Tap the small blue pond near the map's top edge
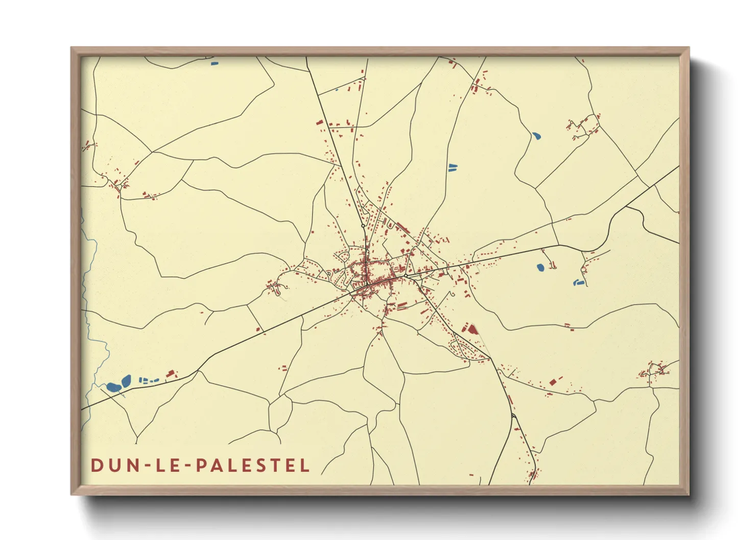tap(215, 63)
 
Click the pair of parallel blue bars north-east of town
tap(453, 167)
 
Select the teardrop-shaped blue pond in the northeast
tap(536, 136)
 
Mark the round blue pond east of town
tap(540, 267)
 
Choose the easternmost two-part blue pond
tap(578, 282)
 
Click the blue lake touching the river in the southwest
tap(113, 387)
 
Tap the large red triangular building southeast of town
tap(472, 329)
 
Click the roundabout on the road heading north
tap(363, 226)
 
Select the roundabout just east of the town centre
tap(406, 276)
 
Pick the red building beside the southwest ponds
tap(171, 374)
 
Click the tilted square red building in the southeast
tap(552, 382)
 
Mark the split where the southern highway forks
tap(513, 416)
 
